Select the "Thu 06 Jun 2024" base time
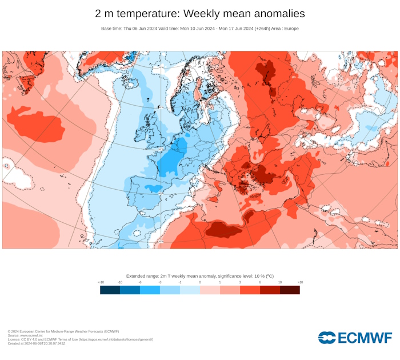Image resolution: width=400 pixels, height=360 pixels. pos(140,29)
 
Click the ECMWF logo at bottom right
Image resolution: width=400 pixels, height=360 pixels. pos(355,338)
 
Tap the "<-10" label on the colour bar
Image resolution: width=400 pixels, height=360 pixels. pos(101,282)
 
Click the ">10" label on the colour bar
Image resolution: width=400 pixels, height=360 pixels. pos(299,282)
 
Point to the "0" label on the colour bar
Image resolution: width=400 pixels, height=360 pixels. pos(200,282)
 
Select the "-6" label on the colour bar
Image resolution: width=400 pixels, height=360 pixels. pos(140,282)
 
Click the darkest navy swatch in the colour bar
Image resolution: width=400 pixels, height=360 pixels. pos(110,290)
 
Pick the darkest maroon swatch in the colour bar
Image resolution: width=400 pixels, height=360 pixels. pos(290,290)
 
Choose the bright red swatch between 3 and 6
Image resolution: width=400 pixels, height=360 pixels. pos(250,290)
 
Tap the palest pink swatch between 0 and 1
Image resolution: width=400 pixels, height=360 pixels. pos(210,290)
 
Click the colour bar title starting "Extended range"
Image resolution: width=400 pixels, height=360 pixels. pos(199,276)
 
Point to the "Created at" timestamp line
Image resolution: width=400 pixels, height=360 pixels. pos(37,343)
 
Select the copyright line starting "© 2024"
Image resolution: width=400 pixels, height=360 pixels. pos(63,331)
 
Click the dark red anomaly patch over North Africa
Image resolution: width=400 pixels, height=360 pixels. pos(223,230)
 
